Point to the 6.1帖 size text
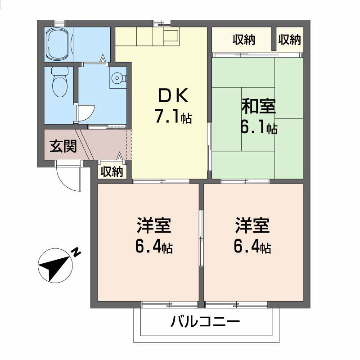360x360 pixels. click(258, 128)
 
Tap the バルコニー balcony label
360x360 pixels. click(205, 322)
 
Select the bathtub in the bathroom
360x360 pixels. click(58, 44)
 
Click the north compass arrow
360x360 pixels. click(54, 267)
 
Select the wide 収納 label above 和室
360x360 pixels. click(243, 40)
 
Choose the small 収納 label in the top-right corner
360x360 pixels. click(289, 40)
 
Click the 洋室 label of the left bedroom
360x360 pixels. click(154, 225)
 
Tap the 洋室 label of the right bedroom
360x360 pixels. click(252, 225)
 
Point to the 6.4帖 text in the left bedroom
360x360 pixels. click(154, 247)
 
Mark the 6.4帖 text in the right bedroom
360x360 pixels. click(252, 247)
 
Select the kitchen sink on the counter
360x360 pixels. click(171, 36)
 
